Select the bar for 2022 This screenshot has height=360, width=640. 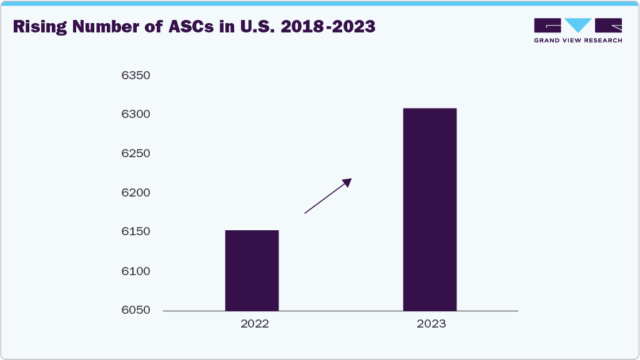(252, 270)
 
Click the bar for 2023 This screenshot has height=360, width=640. (430, 210)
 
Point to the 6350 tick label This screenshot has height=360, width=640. (136, 75)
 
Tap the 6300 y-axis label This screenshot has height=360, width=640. (136, 115)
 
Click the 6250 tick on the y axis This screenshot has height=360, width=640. (136, 154)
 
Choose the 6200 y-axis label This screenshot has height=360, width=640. (136, 193)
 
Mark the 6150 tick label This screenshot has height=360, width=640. (136, 232)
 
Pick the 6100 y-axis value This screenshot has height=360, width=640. (136, 271)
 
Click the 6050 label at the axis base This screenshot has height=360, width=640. (136, 310)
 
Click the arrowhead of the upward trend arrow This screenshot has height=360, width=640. (347, 182)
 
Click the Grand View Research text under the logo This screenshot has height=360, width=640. (578, 41)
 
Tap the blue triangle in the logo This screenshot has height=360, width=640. (578, 25)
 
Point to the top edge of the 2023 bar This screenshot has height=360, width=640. (430, 109)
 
